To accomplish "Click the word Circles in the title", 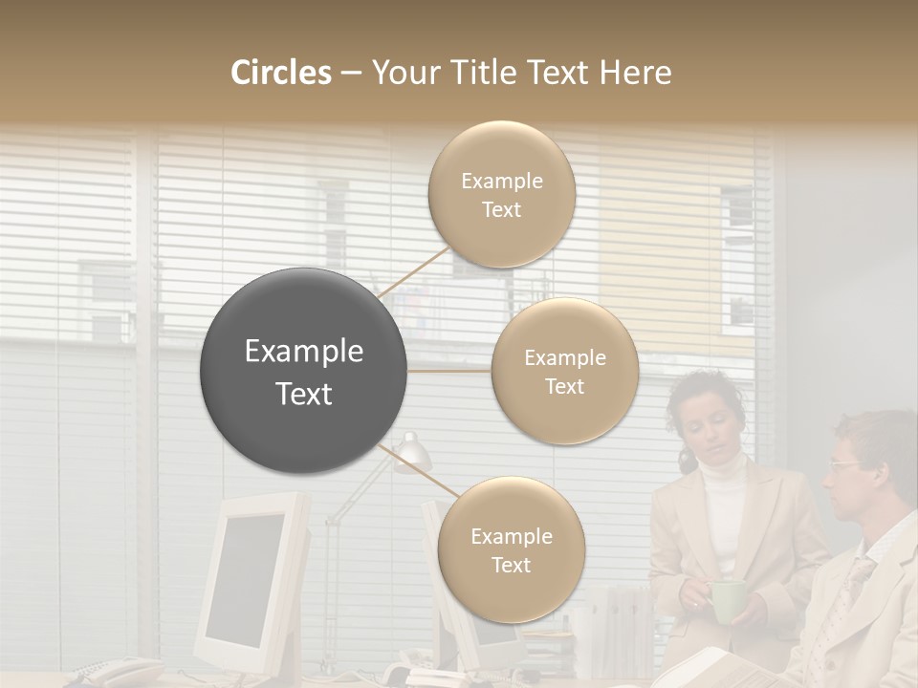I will pyautogui.click(x=280, y=73).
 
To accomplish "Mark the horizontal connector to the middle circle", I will pyautogui.click(x=449, y=371).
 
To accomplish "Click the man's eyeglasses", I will pyautogui.click(x=846, y=465).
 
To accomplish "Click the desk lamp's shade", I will pyautogui.click(x=411, y=452).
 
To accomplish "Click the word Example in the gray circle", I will pyautogui.click(x=304, y=352).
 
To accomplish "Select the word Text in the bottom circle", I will pyautogui.click(x=511, y=565).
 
